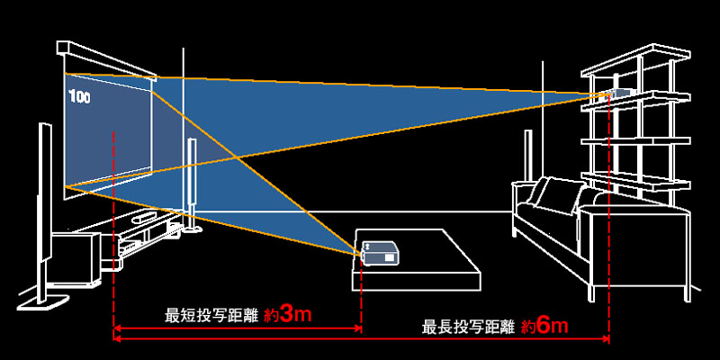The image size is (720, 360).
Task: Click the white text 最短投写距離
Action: tap(212, 316)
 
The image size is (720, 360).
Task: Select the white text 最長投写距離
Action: tap(469, 325)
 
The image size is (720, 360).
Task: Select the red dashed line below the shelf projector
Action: tap(609, 270)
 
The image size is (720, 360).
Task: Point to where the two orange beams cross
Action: tap(236, 159)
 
